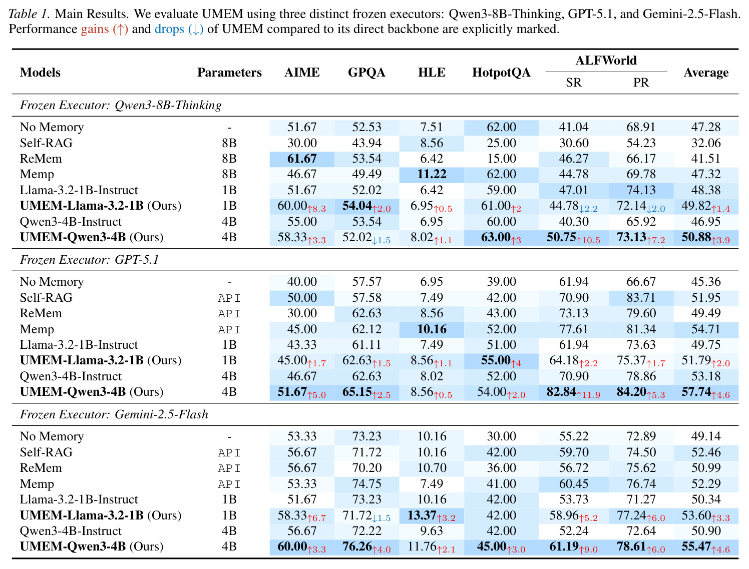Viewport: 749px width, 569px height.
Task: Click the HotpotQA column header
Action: (501, 72)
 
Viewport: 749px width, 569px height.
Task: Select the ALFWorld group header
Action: (606, 61)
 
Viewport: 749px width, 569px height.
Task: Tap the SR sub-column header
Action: (573, 83)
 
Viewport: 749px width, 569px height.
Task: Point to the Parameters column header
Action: (229, 72)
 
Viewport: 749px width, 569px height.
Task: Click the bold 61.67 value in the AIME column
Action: (301, 159)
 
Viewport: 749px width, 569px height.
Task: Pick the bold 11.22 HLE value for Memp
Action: (432, 174)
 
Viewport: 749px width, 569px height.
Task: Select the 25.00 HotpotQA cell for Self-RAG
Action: (501, 143)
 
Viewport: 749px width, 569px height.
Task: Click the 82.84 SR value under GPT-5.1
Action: (561, 392)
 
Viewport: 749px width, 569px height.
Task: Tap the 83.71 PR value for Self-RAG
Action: (640, 298)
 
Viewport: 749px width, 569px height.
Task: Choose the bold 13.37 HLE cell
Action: (422, 515)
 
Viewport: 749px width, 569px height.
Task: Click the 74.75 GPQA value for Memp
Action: (366, 484)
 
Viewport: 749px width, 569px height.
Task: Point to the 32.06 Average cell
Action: (705, 143)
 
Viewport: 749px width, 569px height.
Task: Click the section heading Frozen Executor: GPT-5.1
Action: (90, 260)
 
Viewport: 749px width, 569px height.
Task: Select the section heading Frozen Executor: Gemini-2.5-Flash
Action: (114, 414)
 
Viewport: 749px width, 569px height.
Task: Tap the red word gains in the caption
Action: (95, 30)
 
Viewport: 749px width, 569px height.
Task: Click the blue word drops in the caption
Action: (169, 30)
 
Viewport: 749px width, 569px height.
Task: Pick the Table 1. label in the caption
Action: (30, 14)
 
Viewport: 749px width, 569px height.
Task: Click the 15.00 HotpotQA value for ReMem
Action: (501, 159)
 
